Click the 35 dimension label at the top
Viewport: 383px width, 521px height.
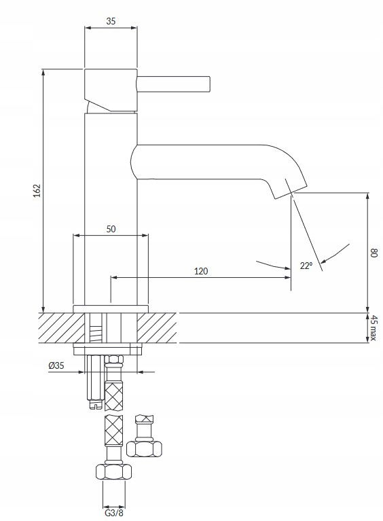[x=111, y=21]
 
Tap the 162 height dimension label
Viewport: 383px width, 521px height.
[x=37, y=190]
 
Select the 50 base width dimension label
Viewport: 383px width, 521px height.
[x=111, y=229]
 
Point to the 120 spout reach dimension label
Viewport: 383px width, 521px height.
[x=201, y=271]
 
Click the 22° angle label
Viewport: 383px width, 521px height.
[x=306, y=266]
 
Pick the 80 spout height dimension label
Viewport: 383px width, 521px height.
[x=374, y=253]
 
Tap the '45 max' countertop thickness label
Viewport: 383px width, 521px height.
[x=373, y=327]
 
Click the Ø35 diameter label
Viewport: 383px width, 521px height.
[x=56, y=366]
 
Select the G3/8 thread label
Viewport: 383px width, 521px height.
[x=114, y=513]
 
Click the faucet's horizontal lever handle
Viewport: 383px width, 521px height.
[x=173, y=84]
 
